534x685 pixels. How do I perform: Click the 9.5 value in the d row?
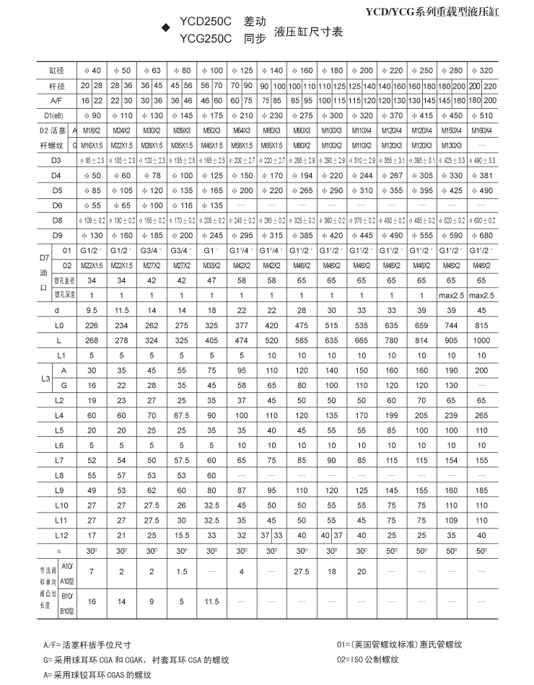(92, 310)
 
